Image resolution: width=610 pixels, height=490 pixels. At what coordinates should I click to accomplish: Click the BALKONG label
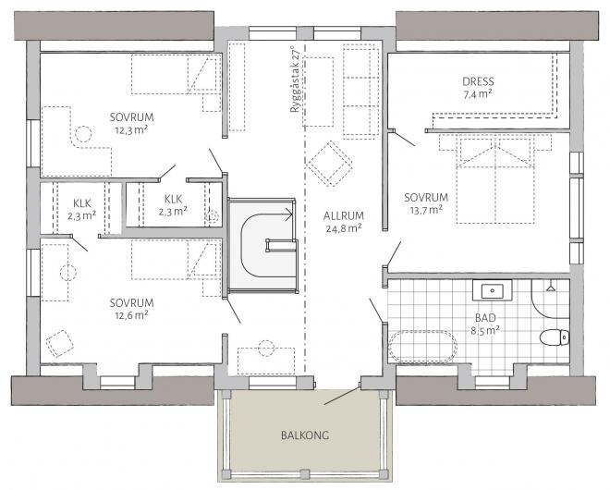click(x=306, y=435)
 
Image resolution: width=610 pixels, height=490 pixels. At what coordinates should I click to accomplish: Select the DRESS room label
click(x=477, y=80)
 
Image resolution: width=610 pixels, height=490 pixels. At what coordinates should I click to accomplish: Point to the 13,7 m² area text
click(x=426, y=210)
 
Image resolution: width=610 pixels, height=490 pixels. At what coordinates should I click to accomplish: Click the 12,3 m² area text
click(x=130, y=130)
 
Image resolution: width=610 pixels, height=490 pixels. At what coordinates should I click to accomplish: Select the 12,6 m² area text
click(x=130, y=315)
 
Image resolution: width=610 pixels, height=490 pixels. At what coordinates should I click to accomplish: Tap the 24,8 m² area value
click(x=342, y=227)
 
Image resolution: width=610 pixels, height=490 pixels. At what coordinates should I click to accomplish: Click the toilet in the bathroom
click(x=552, y=337)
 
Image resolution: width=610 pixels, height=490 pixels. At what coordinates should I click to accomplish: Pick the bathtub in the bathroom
click(x=423, y=346)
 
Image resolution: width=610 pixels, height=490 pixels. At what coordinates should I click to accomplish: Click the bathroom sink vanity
click(x=494, y=290)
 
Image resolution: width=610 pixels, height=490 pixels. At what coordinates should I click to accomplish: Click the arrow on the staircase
click(x=287, y=214)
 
